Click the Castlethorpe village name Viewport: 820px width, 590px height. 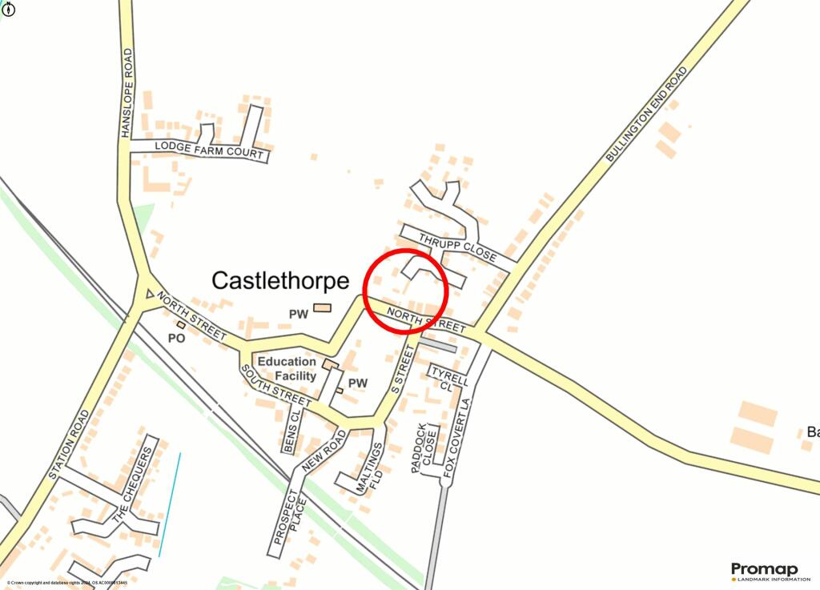tap(280, 280)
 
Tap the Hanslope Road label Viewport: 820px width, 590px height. tap(127, 93)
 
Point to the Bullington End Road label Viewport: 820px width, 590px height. tap(647, 115)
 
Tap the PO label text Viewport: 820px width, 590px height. tap(177, 339)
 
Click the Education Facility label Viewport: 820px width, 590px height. tap(286, 368)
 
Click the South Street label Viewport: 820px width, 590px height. tap(275, 385)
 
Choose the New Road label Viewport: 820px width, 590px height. tap(324, 450)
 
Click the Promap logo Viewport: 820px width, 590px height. tap(765, 571)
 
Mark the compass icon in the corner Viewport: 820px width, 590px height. tap(8, 9)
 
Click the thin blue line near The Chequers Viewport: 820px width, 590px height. tap(170, 504)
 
